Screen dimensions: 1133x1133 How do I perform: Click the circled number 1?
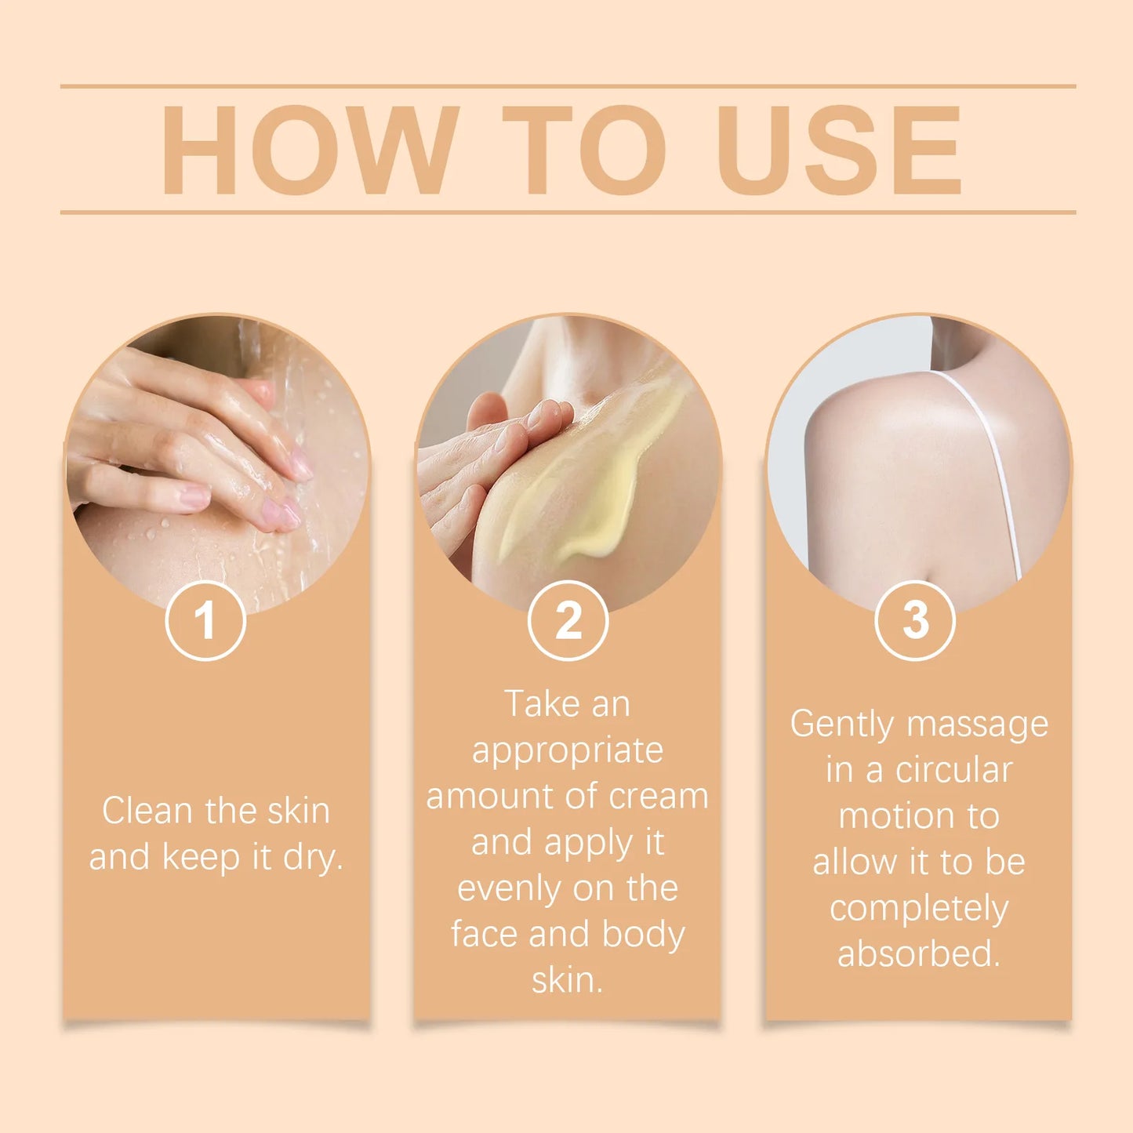click(x=205, y=620)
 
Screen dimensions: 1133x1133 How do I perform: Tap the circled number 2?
click(x=568, y=620)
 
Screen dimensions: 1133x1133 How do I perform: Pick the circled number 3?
click(x=914, y=620)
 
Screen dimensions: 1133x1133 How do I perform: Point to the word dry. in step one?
click(x=313, y=857)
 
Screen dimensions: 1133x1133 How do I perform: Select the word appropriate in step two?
click(x=568, y=750)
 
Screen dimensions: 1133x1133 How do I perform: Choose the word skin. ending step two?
click(x=568, y=981)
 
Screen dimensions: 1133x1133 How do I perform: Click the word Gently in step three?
click(x=841, y=724)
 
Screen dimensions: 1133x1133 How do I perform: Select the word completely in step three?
click(x=919, y=909)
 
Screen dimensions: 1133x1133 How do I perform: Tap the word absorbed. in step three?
click(x=919, y=954)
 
